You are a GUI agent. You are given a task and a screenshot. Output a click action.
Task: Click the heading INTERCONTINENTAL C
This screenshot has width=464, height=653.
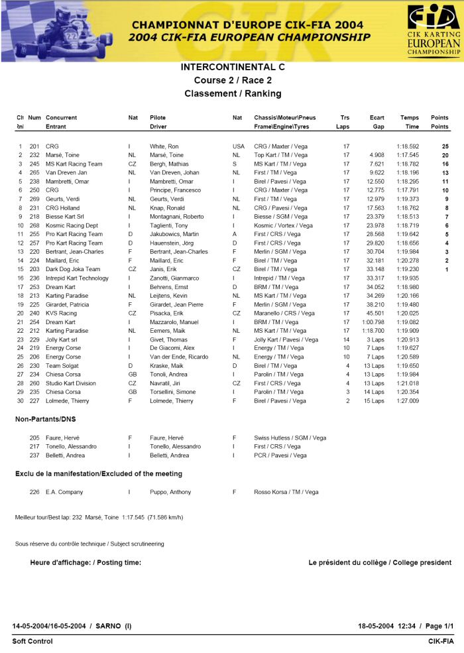(x=232, y=67)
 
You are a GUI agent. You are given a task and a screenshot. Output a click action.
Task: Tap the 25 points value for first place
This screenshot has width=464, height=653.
(x=445, y=146)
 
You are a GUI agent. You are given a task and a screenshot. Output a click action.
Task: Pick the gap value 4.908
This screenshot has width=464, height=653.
(x=376, y=154)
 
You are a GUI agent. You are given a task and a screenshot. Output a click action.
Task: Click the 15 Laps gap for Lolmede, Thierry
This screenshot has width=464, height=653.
(x=374, y=400)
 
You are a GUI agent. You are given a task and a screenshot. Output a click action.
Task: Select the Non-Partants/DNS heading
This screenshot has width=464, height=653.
(x=48, y=419)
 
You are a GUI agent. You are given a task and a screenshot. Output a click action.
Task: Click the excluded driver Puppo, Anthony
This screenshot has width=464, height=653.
(x=170, y=492)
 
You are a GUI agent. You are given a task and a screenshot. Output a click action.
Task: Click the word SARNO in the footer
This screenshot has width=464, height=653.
(x=109, y=626)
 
